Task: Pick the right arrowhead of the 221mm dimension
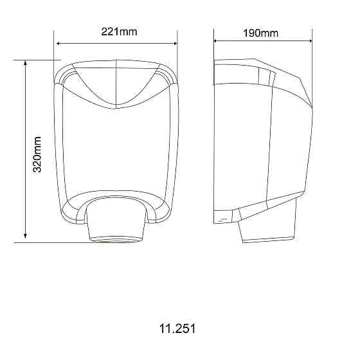(175, 44)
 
